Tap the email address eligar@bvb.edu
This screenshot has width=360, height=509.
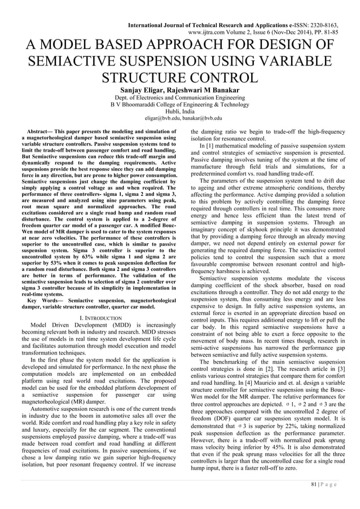tap(154, 119)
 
